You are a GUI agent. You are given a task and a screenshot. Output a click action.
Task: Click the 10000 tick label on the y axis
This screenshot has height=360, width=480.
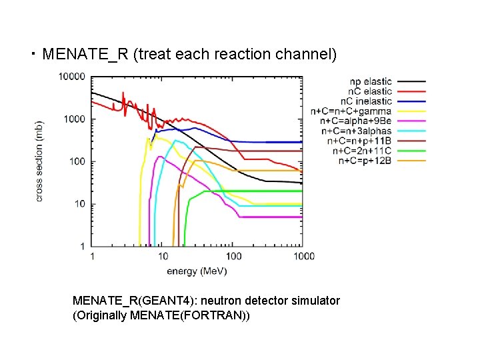coord(71,77)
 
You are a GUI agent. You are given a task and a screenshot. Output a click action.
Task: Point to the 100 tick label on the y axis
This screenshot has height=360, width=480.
coord(77,161)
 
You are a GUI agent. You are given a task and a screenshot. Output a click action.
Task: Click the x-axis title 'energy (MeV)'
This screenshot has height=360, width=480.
coord(197,271)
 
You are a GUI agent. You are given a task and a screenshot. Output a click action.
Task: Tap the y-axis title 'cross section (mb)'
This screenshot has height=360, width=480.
coord(40,161)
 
